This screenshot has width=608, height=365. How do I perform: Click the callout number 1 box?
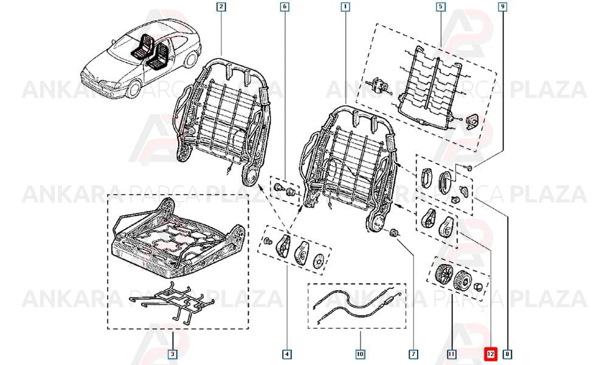(345, 7)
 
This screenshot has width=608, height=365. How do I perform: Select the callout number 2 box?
(221, 7)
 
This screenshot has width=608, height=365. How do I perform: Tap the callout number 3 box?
(173, 354)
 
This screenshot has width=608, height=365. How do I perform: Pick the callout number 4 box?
(286, 354)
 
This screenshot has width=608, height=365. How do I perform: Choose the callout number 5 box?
(440, 7)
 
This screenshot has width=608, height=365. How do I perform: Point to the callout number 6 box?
(285, 7)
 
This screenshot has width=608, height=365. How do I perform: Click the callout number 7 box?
(413, 354)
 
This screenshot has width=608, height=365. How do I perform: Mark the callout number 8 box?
(507, 354)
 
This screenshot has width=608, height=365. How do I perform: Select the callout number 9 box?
(503, 7)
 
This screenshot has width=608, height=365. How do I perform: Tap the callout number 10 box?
(360, 354)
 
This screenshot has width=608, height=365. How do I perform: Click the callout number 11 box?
(452, 354)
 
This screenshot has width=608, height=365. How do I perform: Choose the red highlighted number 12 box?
(491, 354)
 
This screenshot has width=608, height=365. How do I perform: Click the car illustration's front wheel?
(133, 89)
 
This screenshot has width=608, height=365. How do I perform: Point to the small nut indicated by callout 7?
(395, 234)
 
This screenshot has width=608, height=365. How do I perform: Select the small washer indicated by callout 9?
(469, 167)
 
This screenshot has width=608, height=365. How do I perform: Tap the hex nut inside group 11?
(477, 287)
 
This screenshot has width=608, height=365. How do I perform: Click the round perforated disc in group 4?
(319, 261)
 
